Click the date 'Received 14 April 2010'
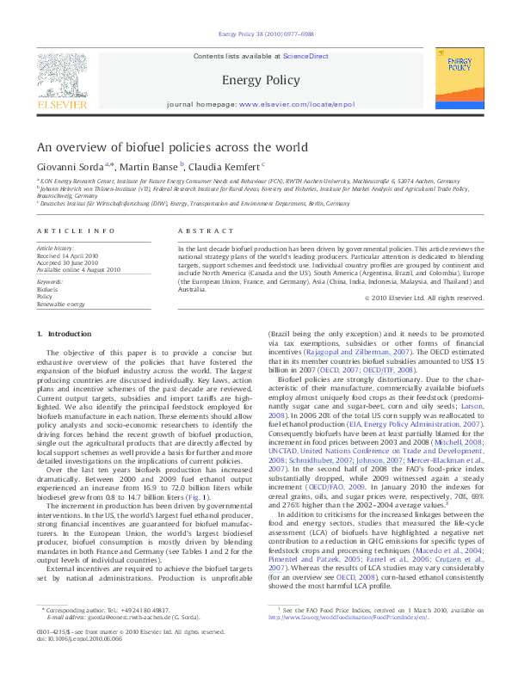pyautogui.click(x=67, y=255)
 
